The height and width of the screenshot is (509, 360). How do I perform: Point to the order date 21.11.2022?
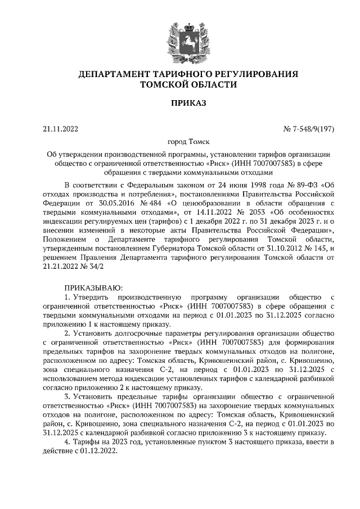click(x=60, y=129)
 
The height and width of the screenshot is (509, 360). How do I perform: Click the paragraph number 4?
click(x=67, y=443)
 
